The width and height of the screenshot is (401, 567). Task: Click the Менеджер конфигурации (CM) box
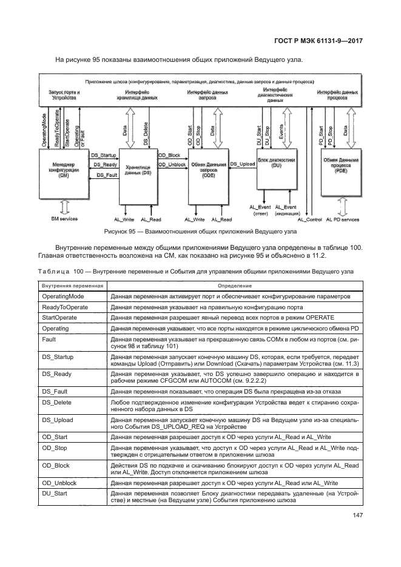(x=62, y=170)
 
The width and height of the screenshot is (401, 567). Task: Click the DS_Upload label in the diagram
(x=243, y=164)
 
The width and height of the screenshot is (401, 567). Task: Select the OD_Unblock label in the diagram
(x=172, y=164)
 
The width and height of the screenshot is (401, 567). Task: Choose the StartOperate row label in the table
(x=57, y=318)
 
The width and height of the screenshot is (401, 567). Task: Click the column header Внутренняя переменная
(x=72, y=285)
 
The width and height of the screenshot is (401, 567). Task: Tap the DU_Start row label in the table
(x=55, y=494)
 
